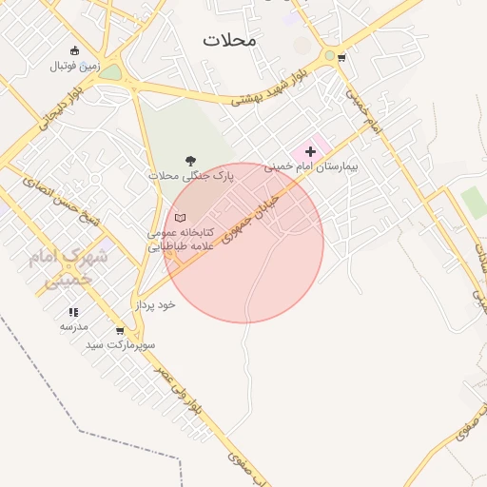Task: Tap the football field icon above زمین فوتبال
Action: coord(75,51)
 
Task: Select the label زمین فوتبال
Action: coord(74,66)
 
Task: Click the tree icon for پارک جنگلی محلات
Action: coord(191,161)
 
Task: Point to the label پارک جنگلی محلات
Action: coord(191,176)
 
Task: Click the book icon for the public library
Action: coord(180,218)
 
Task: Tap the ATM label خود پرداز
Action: coord(155,304)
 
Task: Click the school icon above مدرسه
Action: coord(73,312)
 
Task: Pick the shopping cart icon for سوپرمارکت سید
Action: coord(119,331)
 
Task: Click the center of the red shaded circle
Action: coord(243,243)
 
